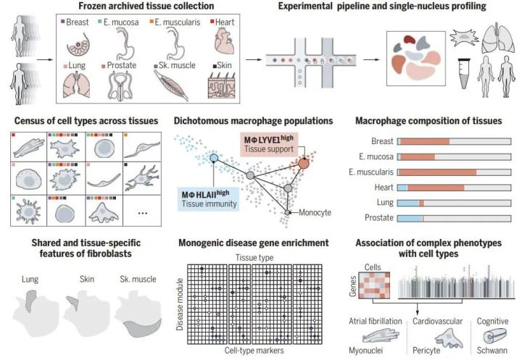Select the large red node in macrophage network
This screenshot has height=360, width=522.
[304, 164]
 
